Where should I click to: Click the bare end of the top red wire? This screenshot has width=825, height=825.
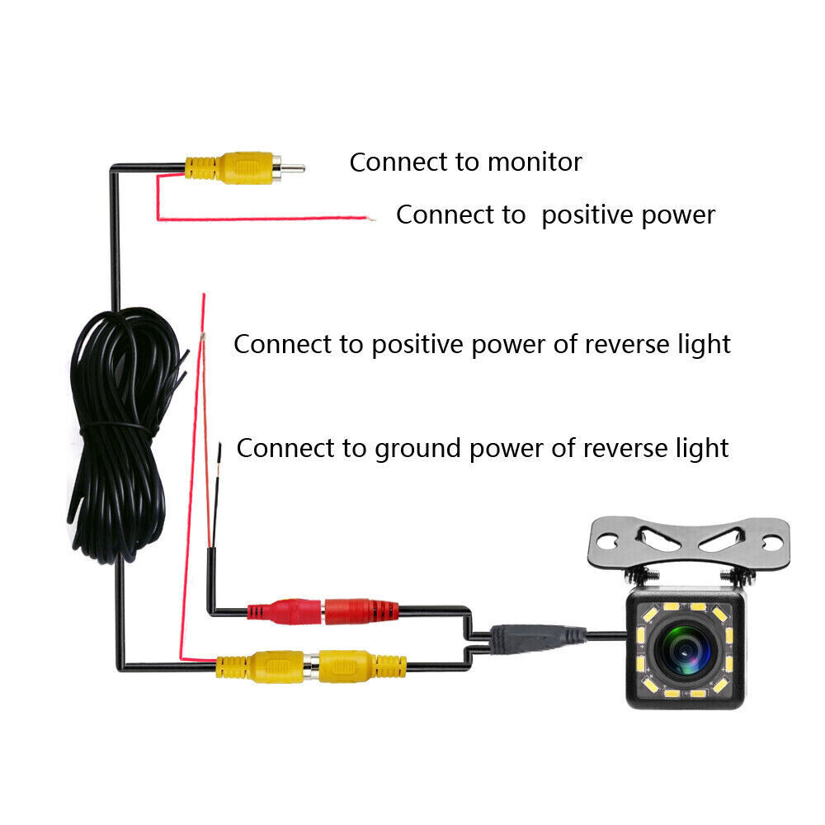coord(372,219)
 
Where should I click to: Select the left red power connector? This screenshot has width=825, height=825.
coord(285,612)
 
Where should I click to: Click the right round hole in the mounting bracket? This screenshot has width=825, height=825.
coord(771,542)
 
